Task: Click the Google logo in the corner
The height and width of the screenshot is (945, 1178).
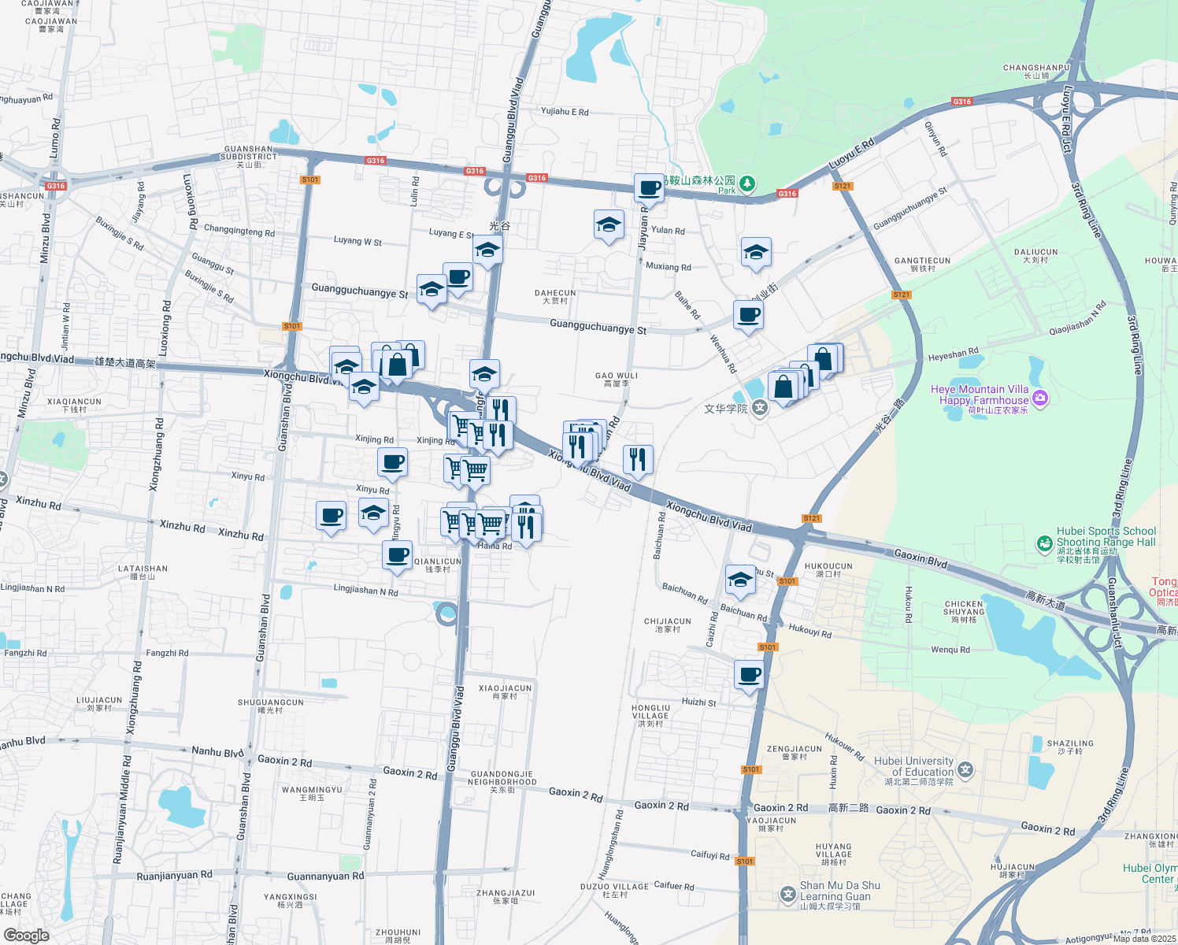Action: (26, 935)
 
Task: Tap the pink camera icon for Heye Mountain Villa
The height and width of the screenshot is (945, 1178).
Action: (1040, 398)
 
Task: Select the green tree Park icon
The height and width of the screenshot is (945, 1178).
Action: (746, 184)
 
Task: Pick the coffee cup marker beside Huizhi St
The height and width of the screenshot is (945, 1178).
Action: (749, 675)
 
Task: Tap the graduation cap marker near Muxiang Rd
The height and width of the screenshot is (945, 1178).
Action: (756, 253)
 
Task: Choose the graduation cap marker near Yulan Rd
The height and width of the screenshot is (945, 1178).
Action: (609, 225)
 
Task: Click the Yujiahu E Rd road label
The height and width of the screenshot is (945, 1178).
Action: (565, 112)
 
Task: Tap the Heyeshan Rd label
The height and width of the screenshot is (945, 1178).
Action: (953, 355)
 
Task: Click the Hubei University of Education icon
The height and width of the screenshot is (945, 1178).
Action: (966, 769)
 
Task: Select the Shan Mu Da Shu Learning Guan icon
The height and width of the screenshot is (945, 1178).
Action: (787, 894)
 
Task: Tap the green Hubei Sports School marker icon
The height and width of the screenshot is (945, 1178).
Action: (1044, 543)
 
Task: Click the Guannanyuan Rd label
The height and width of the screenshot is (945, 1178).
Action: (325, 876)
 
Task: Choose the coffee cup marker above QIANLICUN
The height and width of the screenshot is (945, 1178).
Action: (398, 555)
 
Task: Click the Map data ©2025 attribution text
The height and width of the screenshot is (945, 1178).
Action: (1144, 938)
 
